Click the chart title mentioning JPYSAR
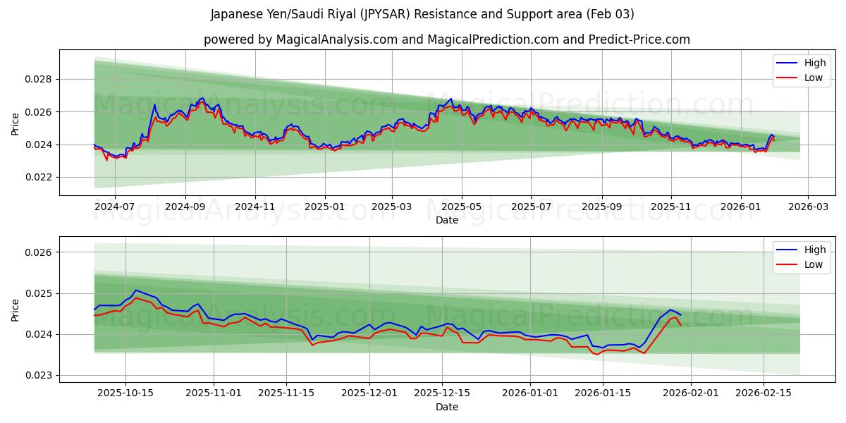(422, 14)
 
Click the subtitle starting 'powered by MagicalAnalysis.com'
(447, 39)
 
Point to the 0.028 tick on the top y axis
(38, 79)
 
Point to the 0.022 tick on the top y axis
(38, 178)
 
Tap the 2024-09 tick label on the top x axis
(185, 207)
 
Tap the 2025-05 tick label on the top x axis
(462, 207)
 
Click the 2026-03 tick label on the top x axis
(808, 207)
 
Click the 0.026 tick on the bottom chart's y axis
(38, 252)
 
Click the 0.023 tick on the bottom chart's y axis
(38, 375)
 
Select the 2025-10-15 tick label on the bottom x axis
(126, 393)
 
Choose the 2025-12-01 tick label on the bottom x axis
(371, 393)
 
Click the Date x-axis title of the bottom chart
(447, 407)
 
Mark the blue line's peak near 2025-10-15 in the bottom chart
(136, 290)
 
